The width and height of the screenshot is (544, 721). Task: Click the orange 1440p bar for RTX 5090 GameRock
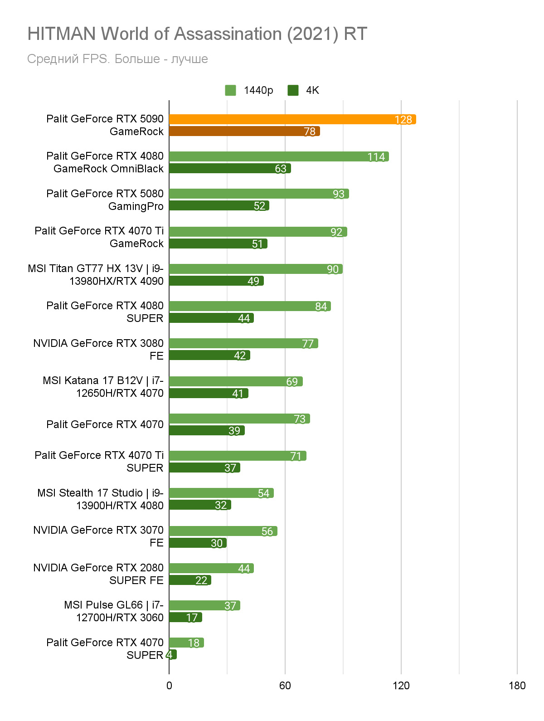(x=292, y=119)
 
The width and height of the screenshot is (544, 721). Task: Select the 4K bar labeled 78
(x=244, y=131)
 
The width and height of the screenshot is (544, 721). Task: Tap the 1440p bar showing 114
(x=279, y=156)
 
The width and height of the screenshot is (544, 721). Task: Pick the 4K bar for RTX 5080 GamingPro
(x=219, y=205)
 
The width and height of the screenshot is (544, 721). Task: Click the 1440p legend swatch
(x=230, y=90)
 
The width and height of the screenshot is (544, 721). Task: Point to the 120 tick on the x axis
(x=401, y=685)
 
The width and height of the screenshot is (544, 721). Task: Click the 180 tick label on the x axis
(x=517, y=685)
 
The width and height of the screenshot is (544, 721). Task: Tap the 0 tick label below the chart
(x=169, y=685)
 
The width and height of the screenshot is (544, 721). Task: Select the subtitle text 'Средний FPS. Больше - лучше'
(x=117, y=59)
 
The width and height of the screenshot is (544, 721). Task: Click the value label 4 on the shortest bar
(x=170, y=654)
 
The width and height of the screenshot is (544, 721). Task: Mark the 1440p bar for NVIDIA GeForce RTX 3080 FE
(x=243, y=343)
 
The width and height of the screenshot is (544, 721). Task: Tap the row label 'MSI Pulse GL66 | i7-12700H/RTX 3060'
(x=114, y=611)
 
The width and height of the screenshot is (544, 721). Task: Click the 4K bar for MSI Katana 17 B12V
(x=209, y=393)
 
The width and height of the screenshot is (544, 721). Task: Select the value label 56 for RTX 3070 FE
(x=267, y=531)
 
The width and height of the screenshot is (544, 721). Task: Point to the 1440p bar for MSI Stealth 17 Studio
(x=221, y=493)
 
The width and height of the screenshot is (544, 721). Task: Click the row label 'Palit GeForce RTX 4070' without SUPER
(x=105, y=424)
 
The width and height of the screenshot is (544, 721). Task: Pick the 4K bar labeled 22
(x=190, y=580)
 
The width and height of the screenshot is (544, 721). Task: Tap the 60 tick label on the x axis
(x=285, y=685)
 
